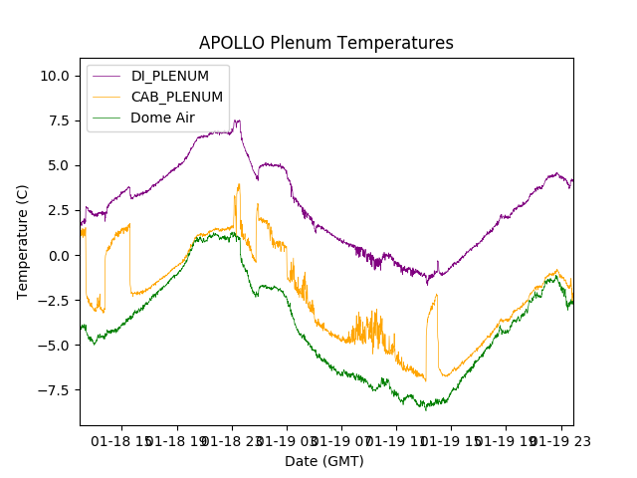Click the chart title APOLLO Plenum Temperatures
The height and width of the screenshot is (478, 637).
tap(325, 43)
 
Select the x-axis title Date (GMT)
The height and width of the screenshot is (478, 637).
tap(324, 461)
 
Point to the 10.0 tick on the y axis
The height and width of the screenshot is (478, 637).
tap(54, 76)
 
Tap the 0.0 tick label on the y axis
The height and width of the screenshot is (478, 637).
tap(58, 256)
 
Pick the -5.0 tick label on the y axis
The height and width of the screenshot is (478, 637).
tap(54, 346)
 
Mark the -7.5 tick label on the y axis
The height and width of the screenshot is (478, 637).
tap(54, 390)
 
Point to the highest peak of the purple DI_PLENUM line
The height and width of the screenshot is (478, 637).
tap(237, 120)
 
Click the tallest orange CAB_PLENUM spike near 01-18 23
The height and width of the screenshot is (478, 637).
tap(239, 184)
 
